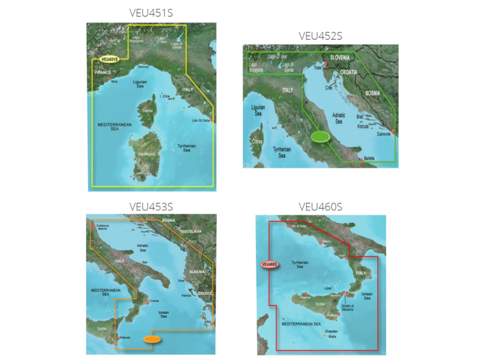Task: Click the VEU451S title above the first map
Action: [151, 13]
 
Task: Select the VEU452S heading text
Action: [321, 36]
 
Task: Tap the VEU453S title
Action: [151, 206]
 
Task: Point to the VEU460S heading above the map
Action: [321, 207]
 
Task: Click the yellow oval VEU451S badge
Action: [109, 59]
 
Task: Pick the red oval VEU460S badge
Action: [269, 265]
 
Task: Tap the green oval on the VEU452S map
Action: [320, 136]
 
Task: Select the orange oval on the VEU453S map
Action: [152, 339]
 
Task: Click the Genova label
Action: [143, 66]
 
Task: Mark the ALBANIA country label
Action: [197, 257]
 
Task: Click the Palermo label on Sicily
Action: [304, 298]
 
